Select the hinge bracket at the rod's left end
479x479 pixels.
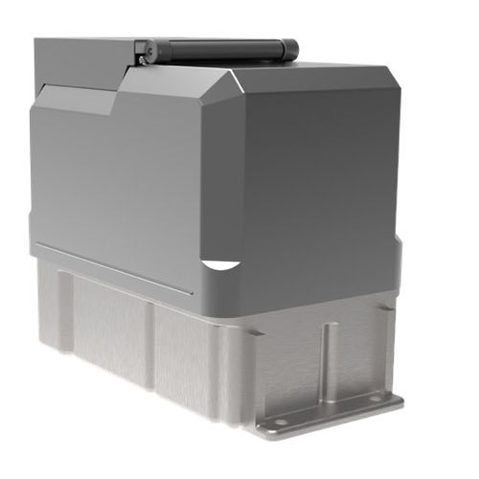point(141,48)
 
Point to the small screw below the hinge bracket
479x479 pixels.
point(143,61)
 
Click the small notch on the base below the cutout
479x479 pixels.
point(256,332)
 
